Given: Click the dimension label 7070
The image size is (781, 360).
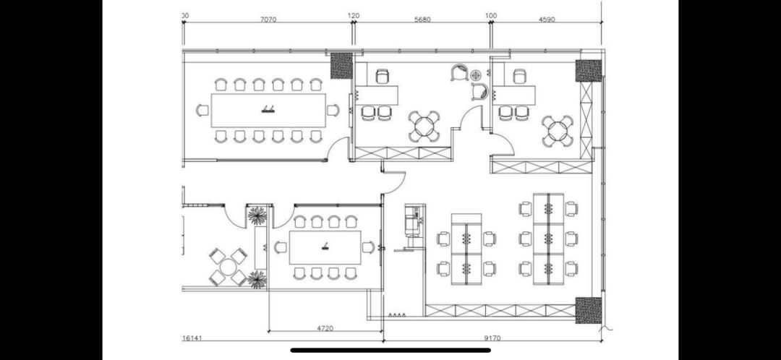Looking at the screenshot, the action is pos(268,20).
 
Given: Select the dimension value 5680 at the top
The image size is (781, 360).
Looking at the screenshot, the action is pos(422,20).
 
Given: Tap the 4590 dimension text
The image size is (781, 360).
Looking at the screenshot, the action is pos(547,20).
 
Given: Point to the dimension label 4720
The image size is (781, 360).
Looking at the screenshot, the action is pos(325,328).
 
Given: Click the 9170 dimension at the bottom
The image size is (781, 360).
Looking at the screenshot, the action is pos(492,338).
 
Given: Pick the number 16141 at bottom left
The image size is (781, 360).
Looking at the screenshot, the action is pos(192,338).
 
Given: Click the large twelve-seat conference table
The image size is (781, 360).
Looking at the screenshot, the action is pos(268,110).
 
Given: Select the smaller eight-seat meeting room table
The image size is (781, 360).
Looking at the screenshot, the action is pos(325,247).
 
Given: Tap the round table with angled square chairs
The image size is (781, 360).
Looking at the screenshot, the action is pos(228,267).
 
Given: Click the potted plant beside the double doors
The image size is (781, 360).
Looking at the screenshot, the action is pos(257,215).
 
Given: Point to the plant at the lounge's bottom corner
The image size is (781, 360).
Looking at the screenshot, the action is pos(257,279).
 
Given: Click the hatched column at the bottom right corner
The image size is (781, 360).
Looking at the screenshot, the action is pos(588,310).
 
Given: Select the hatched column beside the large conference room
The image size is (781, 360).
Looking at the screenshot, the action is pos(341,65).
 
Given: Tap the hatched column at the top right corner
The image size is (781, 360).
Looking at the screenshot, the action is pos(588,71).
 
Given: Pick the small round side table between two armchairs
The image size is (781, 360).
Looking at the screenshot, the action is pos(476,75).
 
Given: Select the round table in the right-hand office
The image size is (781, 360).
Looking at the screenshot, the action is pos(558,131).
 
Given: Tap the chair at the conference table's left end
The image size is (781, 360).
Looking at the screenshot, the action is pos(202,110).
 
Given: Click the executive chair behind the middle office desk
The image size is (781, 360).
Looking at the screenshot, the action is pos(382,76).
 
